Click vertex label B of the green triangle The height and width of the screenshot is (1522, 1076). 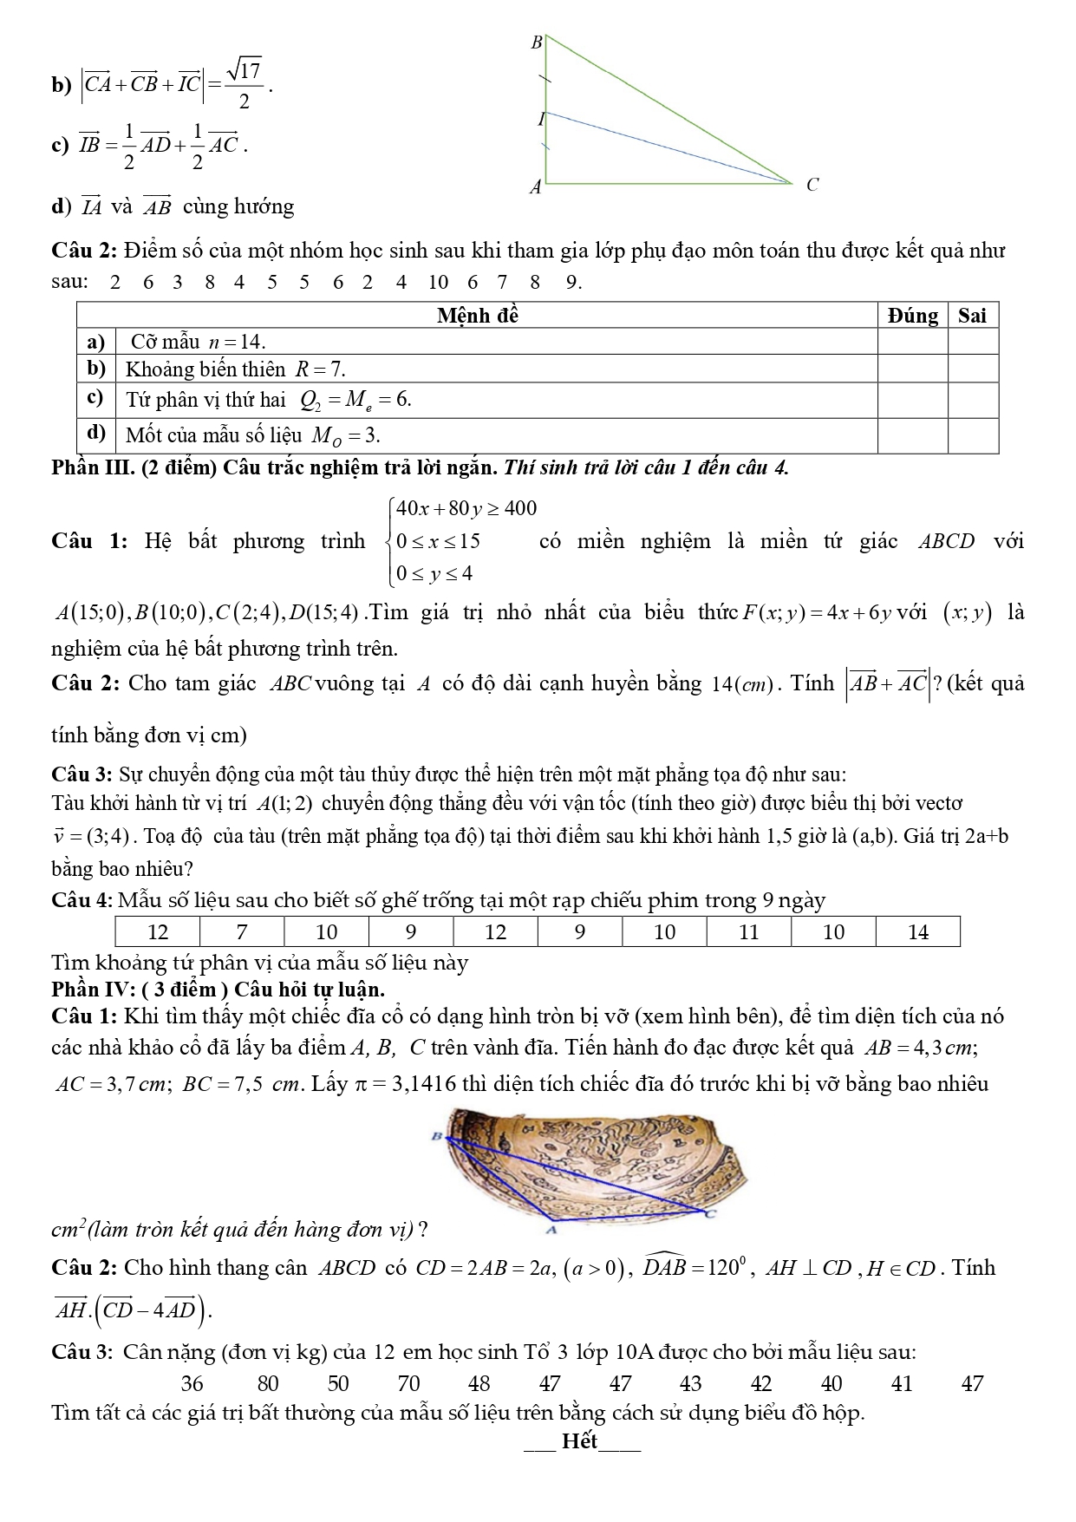pyautogui.click(x=536, y=42)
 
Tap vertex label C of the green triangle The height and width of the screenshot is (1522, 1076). pyautogui.click(x=812, y=185)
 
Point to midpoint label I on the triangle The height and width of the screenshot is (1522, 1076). pyautogui.click(x=540, y=119)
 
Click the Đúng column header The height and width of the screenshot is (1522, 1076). pyautogui.click(x=912, y=316)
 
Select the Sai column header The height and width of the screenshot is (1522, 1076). pyautogui.click(x=972, y=316)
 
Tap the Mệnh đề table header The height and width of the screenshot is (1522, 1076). pyautogui.click(x=477, y=316)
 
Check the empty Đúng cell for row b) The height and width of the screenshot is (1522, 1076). pyautogui.click(x=912, y=369)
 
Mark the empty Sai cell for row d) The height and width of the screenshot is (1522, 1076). pyautogui.click(x=972, y=434)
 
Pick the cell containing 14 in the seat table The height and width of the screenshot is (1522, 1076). pyautogui.click(x=917, y=932)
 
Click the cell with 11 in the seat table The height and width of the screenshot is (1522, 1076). pyautogui.click(x=748, y=932)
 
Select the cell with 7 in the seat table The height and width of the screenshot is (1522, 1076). pyautogui.click(x=242, y=932)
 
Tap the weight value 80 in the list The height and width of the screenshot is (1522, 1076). pyautogui.click(x=268, y=1383)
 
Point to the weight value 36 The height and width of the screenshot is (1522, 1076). pyautogui.click(x=192, y=1383)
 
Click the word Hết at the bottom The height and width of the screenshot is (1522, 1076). pyautogui.click(x=579, y=1441)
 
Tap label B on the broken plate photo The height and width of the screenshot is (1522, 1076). pyautogui.click(x=436, y=1136)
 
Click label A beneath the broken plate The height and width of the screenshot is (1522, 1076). pyautogui.click(x=550, y=1230)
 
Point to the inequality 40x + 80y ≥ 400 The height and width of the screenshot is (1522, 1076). pyautogui.click(x=466, y=509)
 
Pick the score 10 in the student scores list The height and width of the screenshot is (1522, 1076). pyautogui.click(x=438, y=282)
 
